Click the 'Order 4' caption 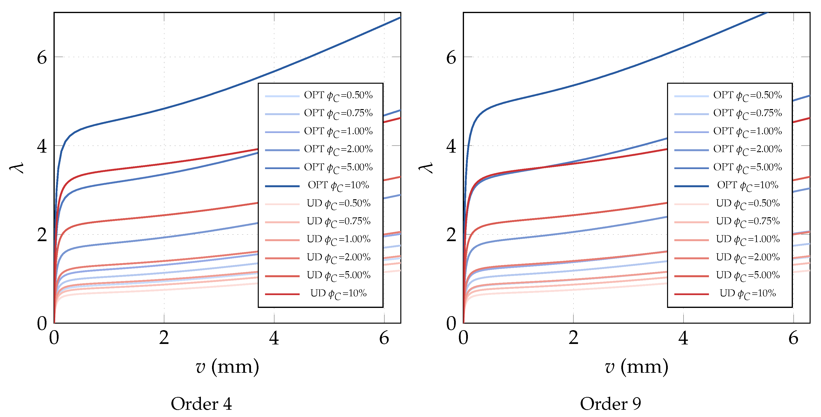[x=201, y=404]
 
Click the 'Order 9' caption [x=610, y=404]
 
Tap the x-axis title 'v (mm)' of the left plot [x=227, y=367]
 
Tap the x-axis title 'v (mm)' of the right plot [x=637, y=367]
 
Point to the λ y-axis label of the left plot [x=16, y=168]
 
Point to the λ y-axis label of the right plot [x=426, y=168]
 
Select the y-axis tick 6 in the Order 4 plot [x=42, y=58]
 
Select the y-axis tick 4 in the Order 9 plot [x=451, y=146]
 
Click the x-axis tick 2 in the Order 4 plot [x=164, y=338]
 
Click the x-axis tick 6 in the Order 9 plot [x=793, y=338]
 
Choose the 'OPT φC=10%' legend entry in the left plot [x=338, y=186]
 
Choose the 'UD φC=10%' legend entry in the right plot [x=747, y=293]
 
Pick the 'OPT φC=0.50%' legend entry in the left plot [x=338, y=95]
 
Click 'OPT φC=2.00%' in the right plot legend [x=747, y=149]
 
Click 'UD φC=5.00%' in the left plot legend [x=338, y=275]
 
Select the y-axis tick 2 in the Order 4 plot [x=42, y=235]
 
